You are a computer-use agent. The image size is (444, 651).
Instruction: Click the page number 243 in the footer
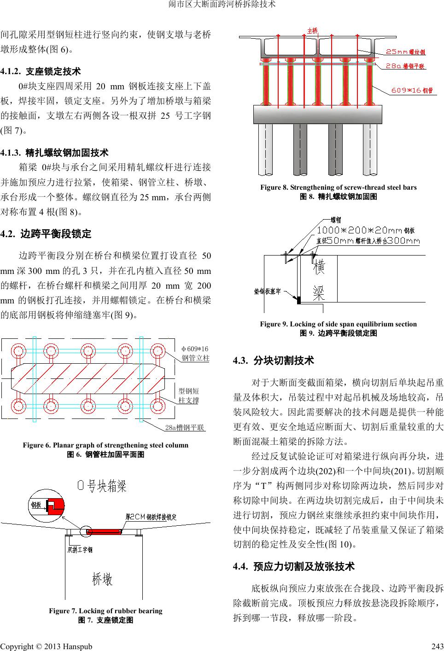(435, 646)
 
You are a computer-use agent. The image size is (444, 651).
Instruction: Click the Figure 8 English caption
(338, 187)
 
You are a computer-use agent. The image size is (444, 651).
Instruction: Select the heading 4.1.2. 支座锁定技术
(41, 71)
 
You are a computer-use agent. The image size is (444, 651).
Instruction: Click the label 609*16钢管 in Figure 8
(412, 91)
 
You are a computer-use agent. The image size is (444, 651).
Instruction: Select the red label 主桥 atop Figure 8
(313, 31)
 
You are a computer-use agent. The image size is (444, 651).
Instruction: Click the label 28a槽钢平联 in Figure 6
(185, 428)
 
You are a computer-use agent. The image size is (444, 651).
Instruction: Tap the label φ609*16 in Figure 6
(195, 349)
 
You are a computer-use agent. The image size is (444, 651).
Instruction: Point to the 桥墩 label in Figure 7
(102, 579)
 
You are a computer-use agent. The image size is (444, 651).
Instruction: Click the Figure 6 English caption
(105, 445)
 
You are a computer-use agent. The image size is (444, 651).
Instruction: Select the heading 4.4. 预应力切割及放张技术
(294, 566)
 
